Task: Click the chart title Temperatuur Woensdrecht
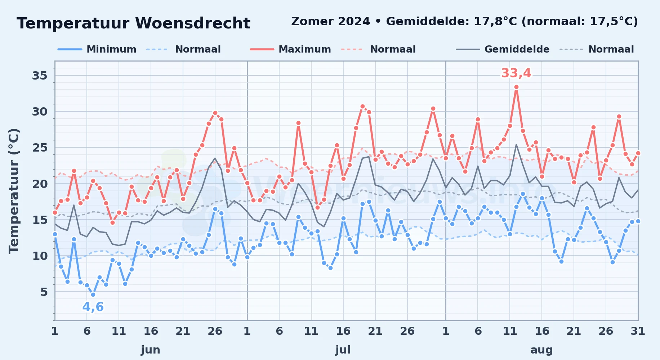coord(133,23)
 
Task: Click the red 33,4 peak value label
coord(516,73)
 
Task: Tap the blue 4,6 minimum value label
coord(93,307)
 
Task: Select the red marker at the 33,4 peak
coord(516,87)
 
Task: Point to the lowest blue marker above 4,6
coord(93,294)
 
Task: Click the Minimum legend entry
coord(97,49)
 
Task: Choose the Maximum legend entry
coord(290,49)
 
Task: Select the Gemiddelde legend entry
coord(503,49)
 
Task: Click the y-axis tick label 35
coord(40,76)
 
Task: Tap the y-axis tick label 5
coord(44,292)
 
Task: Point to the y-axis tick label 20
coord(40,184)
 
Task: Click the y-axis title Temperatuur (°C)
coord(14,191)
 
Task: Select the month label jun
coord(151,350)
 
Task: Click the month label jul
coord(343,350)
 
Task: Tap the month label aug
coord(541,350)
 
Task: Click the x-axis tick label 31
coord(638,331)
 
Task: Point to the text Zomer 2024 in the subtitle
coord(330,22)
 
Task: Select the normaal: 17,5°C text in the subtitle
coord(580,22)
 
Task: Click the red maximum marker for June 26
coord(215,113)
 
